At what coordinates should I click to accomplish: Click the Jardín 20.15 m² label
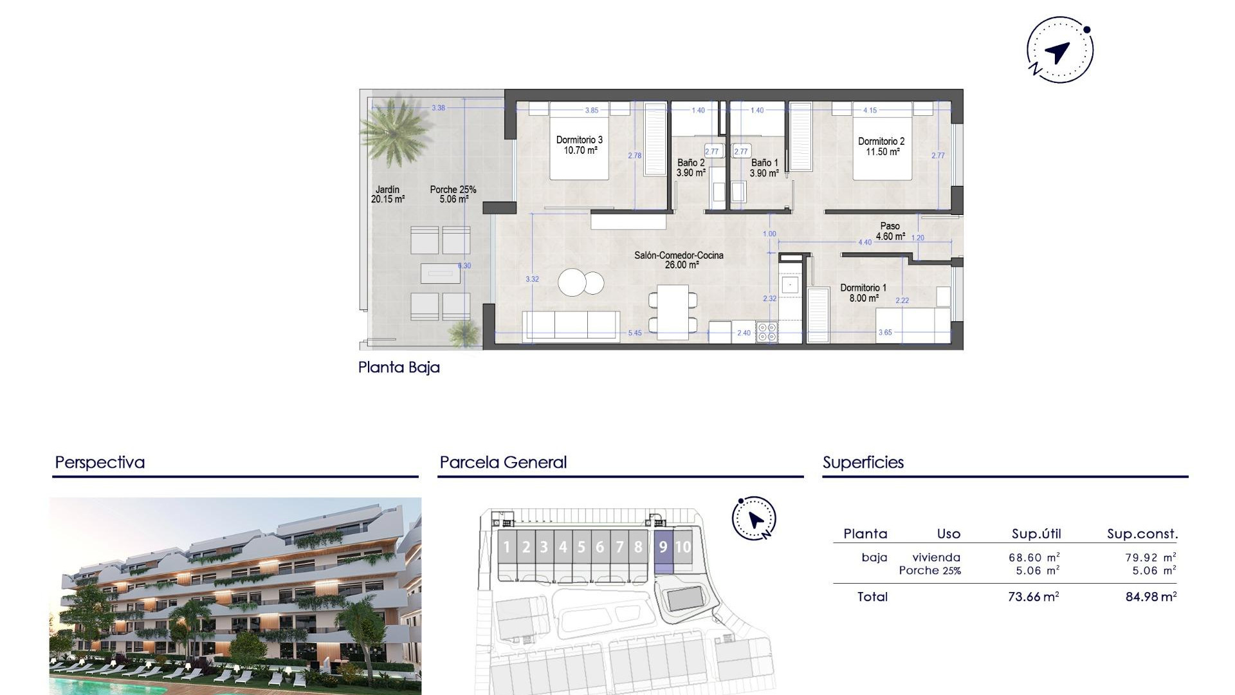pos(387,194)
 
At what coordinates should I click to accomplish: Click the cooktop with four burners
pos(767,332)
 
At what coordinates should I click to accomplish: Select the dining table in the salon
pos(673,311)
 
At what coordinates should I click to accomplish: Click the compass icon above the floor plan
pos(1059,50)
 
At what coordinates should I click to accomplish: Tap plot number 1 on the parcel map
pos(507,548)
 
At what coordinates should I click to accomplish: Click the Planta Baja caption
pos(399,367)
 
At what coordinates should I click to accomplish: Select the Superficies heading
pos(863,463)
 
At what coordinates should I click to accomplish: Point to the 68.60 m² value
pos(1034,558)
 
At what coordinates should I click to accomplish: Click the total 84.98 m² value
pos(1151,597)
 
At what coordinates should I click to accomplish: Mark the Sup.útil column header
pos(1036,534)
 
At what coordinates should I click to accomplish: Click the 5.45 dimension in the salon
pos(635,333)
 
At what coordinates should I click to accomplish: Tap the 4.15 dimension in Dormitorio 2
pos(870,111)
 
